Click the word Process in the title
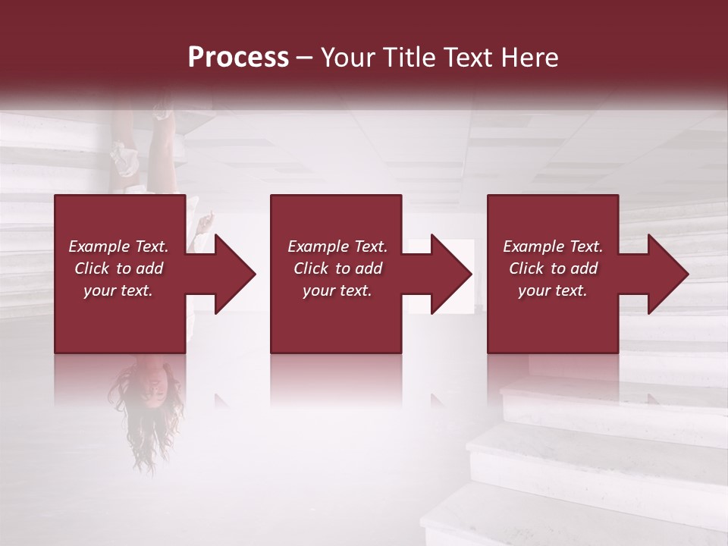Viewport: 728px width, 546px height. [x=238, y=58]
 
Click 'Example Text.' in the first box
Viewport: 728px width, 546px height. [x=118, y=246]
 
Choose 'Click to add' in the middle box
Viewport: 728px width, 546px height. [x=337, y=268]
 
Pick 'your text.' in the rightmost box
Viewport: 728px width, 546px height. [x=553, y=290]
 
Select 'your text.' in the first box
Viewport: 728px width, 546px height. [x=118, y=290]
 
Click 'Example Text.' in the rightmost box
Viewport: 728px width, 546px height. [x=553, y=246]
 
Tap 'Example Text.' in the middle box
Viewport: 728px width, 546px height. [x=337, y=246]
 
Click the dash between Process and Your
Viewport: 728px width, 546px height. [x=305, y=58]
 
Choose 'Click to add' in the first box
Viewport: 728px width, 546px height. [x=118, y=268]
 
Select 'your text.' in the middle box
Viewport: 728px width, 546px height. [x=337, y=290]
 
